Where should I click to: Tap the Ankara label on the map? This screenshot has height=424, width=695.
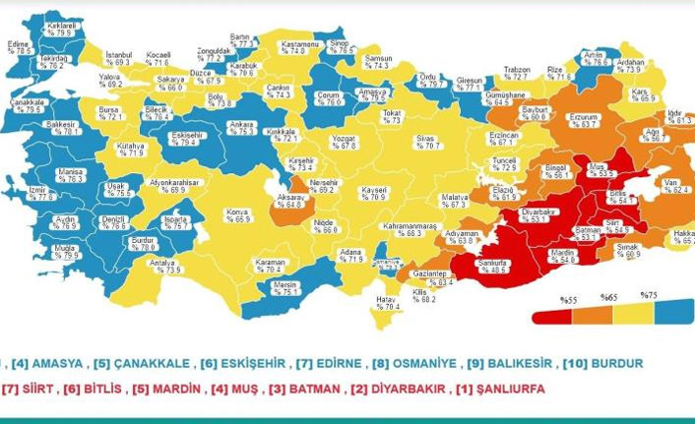(242, 128)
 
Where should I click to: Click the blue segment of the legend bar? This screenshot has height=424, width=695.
(673, 316)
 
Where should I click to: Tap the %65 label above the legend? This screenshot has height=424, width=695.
(610, 298)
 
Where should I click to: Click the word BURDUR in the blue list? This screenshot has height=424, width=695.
(616, 363)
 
